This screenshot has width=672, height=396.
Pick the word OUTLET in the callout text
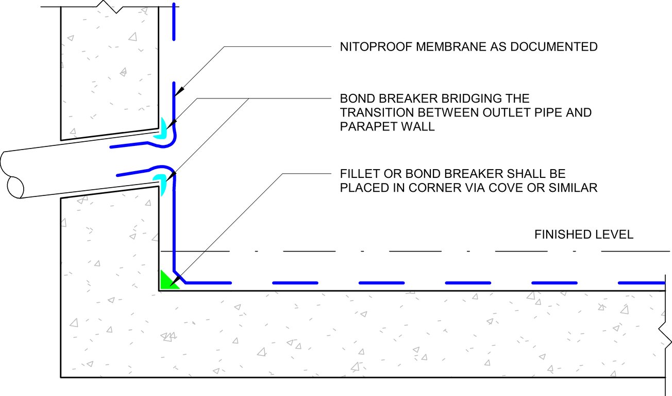pyautogui.click(x=502, y=112)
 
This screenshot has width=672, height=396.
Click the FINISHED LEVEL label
pyautogui.click(x=583, y=235)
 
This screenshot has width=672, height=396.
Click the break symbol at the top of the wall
pyautogui.click(x=110, y=7)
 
